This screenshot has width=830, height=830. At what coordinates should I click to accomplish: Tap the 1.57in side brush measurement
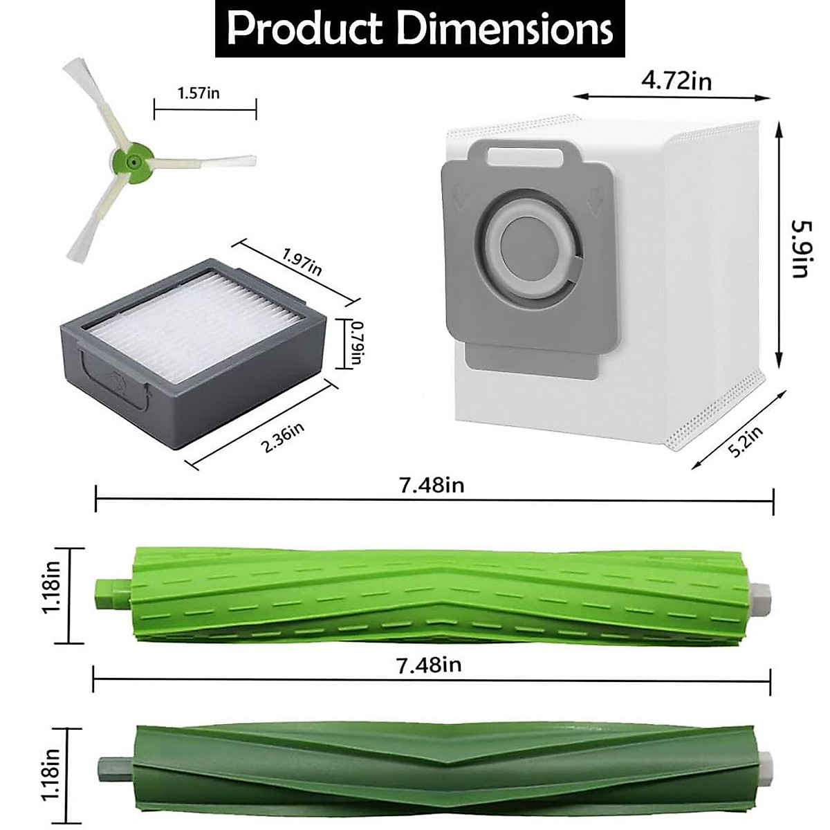(x=199, y=93)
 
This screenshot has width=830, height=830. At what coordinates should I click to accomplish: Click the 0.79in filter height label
(x=356, y=344)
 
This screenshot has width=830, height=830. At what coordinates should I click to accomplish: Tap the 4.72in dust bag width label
(x=676, y=81)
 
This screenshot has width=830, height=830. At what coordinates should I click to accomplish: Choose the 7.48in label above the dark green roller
(x=429, y=665)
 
